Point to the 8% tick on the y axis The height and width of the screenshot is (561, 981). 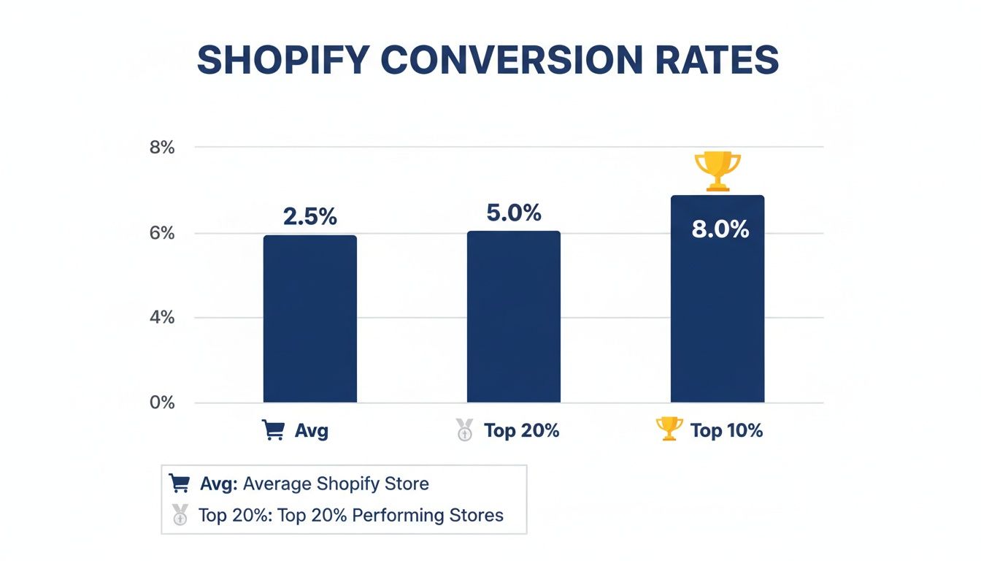[x=162, y=148]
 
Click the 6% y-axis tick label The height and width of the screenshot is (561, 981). [x=162, y=234]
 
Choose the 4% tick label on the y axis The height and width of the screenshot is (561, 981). [x=162, y=318]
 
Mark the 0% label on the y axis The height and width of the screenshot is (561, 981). [x=162, y=402]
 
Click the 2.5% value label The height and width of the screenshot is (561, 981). [x=309, y=217]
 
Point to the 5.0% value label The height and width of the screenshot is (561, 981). [x=514, y=213]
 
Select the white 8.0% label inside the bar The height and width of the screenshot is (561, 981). [x=720, y=229]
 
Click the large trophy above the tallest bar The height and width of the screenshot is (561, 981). [x=717, y=171]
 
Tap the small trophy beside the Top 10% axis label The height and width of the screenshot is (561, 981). [x=669, y=430]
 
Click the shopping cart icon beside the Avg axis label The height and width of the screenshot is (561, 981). [x=273, y=430]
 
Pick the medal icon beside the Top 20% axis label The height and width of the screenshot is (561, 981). [x=464, y=430]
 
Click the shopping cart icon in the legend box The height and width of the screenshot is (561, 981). [x=180, y=484]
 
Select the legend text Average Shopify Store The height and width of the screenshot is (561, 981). [x=336, y=484]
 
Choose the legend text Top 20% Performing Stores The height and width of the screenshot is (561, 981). [x=351, y=515]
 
